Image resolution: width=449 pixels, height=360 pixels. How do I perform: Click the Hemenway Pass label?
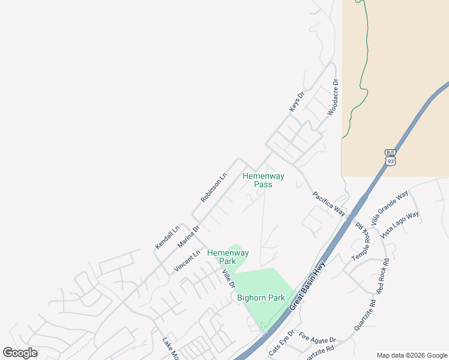(263, 180)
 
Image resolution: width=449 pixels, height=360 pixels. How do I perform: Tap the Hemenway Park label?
(228, 257)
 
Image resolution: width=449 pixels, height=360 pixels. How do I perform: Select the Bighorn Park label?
(261, 298)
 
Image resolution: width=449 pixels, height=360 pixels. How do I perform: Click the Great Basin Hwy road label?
(307, 285)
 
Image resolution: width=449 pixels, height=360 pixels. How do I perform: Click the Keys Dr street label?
(297, 100)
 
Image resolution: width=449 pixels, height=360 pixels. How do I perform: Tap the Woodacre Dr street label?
(333, 98)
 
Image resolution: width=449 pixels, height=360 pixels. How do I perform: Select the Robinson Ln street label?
(214, 187)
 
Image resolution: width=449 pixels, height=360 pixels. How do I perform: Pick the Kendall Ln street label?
(167, 237)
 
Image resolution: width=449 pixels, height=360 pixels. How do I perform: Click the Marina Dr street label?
(188, 236)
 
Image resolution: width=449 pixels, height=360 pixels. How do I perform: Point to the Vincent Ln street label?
(187, 262)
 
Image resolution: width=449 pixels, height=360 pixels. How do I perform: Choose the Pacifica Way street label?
(329, 203)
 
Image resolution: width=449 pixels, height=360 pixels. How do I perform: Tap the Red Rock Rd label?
(383, 275)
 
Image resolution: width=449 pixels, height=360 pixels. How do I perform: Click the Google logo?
(20, 353)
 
